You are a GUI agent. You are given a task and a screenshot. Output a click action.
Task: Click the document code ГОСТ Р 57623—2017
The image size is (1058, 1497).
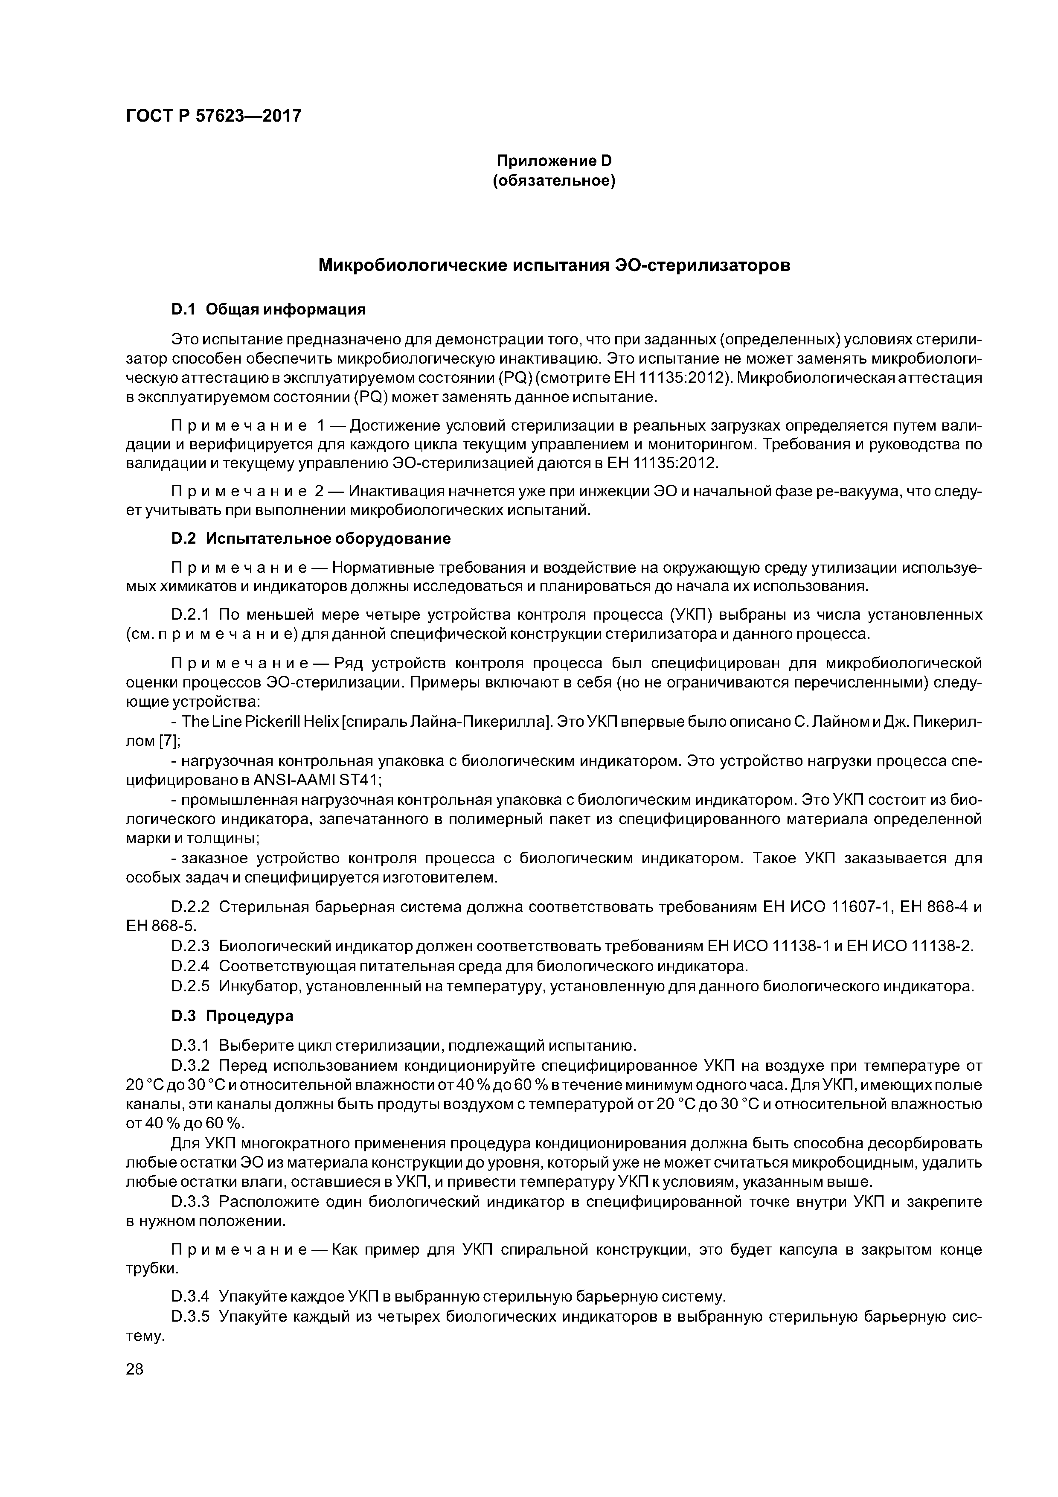click(214, 116)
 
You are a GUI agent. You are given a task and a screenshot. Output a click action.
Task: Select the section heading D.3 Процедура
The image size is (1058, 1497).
click(232, 1016)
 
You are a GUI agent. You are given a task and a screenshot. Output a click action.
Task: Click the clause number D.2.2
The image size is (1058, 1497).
click(190, 907)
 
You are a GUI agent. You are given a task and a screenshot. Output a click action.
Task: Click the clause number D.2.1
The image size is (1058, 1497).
click(190, 615)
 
